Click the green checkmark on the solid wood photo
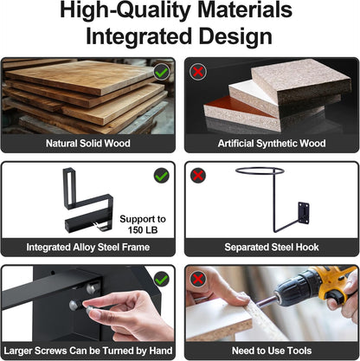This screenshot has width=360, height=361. click(162, 72)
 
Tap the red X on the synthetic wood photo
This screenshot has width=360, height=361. click(198, 72)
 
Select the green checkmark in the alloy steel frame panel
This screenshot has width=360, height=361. click(162, 176)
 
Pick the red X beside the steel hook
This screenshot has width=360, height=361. click(198, 176)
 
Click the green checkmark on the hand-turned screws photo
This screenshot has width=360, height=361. click(162, 280)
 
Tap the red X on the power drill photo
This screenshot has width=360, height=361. click(198, 280)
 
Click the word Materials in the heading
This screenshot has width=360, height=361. click(245, 10)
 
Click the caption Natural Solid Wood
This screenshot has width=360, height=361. click(88, 144)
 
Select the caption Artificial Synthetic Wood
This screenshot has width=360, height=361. click(272, 144)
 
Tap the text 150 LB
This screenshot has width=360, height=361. click(143, 230)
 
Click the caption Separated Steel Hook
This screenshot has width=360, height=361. click(272, 247)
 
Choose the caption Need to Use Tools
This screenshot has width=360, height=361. click(272, 351)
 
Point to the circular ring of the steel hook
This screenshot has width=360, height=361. click(260, 168)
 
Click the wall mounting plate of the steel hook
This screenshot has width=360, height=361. click(304, 214)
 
